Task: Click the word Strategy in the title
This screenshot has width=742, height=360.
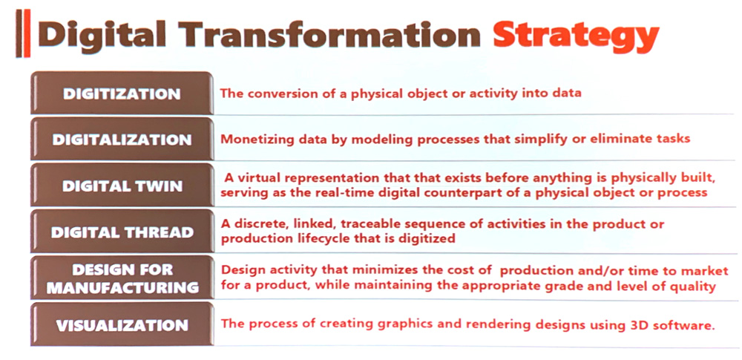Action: point(576,35)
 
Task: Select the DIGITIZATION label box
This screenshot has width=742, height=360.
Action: point(122,93)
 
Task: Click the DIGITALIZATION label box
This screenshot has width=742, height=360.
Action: point(122,140)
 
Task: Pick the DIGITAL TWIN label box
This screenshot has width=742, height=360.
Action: point(122,186)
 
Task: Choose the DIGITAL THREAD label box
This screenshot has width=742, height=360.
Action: point(122,232)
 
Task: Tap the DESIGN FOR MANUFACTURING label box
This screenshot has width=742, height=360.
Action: point(122,278)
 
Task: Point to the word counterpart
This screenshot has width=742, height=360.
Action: point(490,193)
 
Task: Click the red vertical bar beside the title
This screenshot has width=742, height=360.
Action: point(27,33)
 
